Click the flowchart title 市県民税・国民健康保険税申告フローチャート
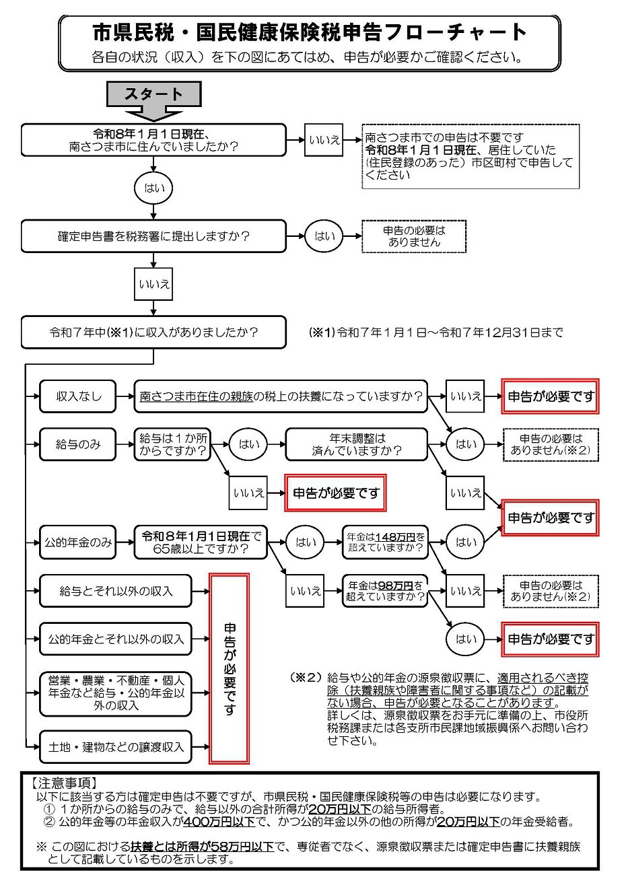pyautogui.click(x=309, y=32)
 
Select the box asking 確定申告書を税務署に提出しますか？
pyautogui.click(x=153, y=236)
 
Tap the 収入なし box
pyautogui.click(x=78, y=396)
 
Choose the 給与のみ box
pyautogui.click(x=78, y=444)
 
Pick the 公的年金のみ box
pyautogui.click(x=78, y=542)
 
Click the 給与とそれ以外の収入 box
pyautogui.click(x=116, y=591)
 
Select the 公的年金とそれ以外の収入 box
pyautogui.click(x=116, y=638)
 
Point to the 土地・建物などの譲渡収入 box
pyautogui.click(x=116, y=747)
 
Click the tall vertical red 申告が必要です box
pyautogui.click(x=229, y=668)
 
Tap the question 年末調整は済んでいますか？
pyautogui.click(x=357, y=444)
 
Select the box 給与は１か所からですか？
pyautogui.click(x=172, y=444)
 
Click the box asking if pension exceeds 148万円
pyautogui.click(x=385, y=542)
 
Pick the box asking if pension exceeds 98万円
pyautogui.click(x=385, y=591)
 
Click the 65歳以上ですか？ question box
pyautogui.click(x=201, y=542)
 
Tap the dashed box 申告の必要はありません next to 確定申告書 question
pyautogui.click(x=414, y=236)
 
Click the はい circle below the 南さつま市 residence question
pyautogui.click(x=154, y=188)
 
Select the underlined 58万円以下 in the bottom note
pyautogui.click(x=240, y=847)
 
